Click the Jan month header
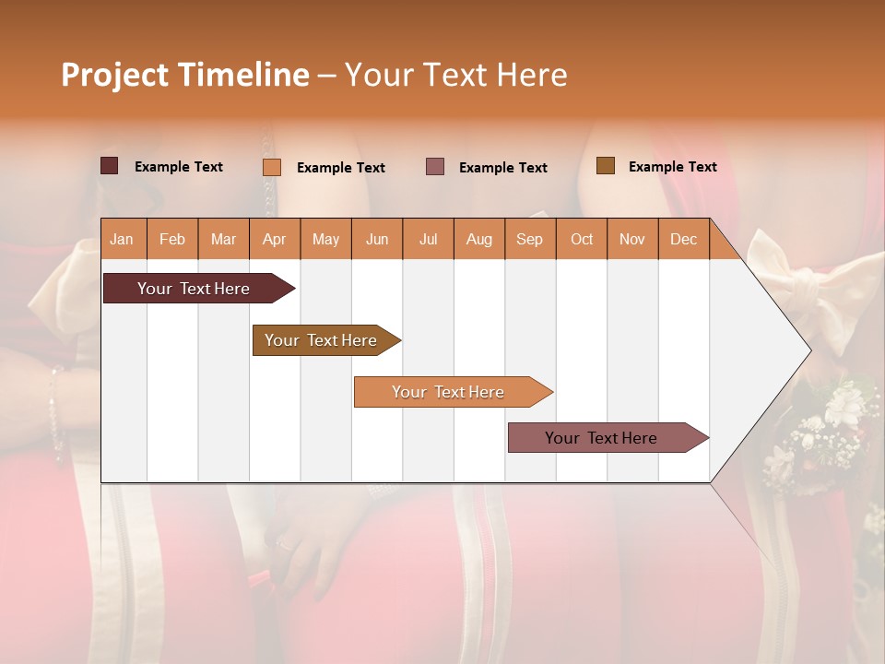(122, 239)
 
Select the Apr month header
(274, 239)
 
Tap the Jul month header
(428, 239)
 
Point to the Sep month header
(529, 239)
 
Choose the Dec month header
(683, 239)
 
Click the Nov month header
(631, 239)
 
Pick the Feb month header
(172, 239)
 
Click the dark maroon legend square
(109, 166)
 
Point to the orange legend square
(272, 167)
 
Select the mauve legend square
(435, 166)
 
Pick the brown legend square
(605, 165)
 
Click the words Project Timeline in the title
(184, 75)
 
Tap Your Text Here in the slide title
(455, 75)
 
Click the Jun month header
(377, 239)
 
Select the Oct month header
(582, 239)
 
